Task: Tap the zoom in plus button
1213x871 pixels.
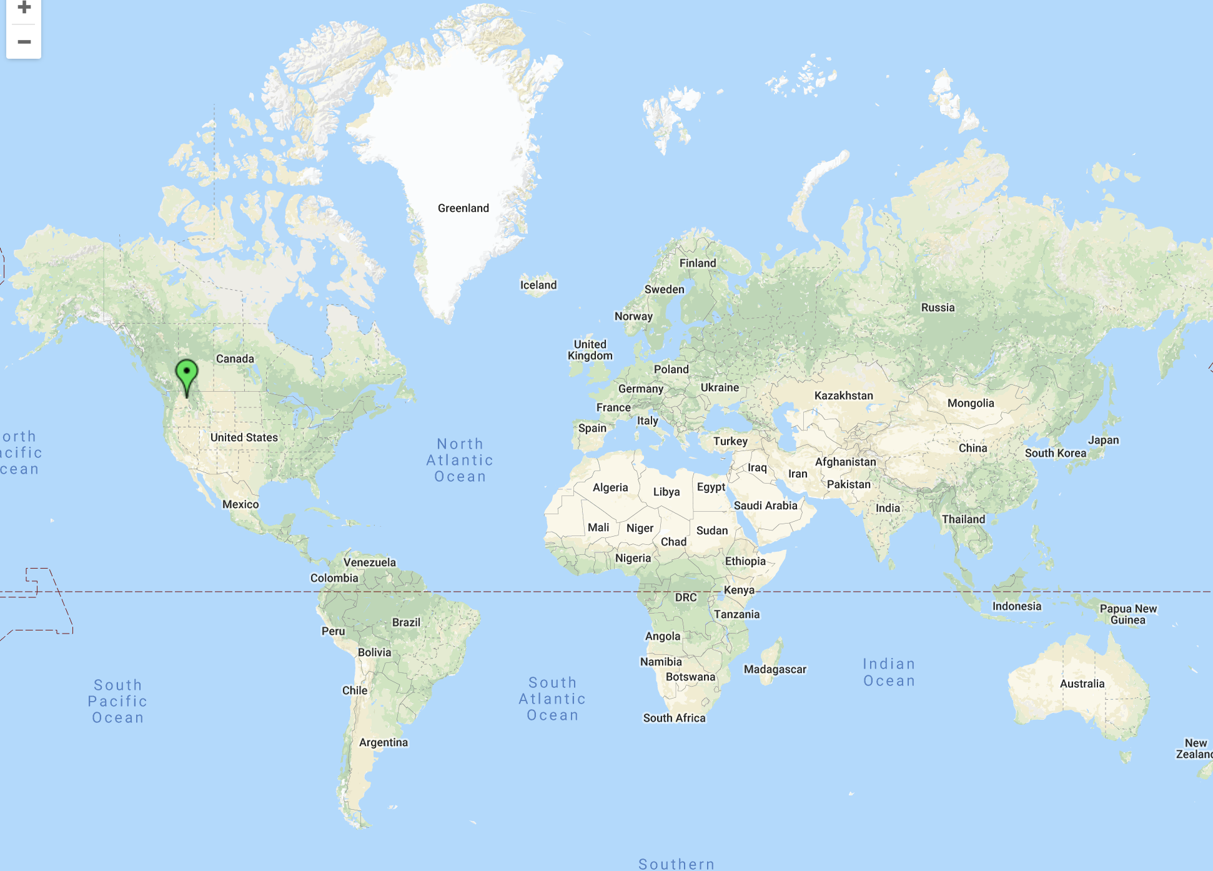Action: [x=24, y=9]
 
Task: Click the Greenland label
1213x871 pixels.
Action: [x=463, y=208]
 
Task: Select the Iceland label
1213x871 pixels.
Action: [x=538, y=285]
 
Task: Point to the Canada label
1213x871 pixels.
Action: [x=235, y=359]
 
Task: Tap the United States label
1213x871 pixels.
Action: [x=244, y=437]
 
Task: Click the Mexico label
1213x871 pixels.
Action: [x=240, y=504]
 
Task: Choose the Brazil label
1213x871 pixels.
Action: [x=406, y=622]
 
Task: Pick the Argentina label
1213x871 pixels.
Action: [x=383, y=742]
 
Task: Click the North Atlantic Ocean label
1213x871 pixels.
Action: [x=460, y=460]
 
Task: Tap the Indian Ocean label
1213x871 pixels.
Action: [x=889, y=672]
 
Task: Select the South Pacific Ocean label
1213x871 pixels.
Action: [x=117, y=701]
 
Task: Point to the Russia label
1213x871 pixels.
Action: [x=938, y=307]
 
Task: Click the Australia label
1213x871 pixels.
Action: [x=1082, y=684]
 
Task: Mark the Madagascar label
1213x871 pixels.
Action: [x=775, y=669]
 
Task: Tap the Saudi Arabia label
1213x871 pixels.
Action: [x=765, y=505]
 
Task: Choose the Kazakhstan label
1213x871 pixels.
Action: [x=843, y=396]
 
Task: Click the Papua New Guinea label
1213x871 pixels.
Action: [x=1128, y=614]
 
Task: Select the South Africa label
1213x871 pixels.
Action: [x=674, y=718]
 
